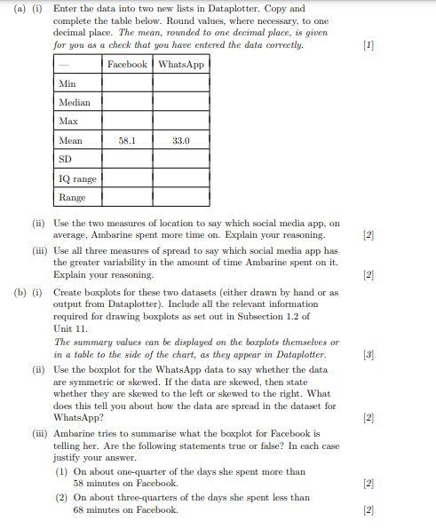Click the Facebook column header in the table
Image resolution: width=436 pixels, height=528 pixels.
pos(127,64)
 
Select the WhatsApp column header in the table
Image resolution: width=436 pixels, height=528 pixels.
pos(181,64)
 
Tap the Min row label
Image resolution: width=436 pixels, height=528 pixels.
pos(67,83)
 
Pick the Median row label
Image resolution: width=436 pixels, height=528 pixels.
pos(74,102)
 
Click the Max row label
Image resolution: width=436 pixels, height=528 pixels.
pos(68,121)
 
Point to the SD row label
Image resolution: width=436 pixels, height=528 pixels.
pos(65,159)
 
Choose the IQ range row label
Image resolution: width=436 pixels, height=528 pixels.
pos(77,178)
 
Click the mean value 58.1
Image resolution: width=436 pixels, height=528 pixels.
pos(127,140)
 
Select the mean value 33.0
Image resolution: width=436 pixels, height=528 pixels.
pos(181,140)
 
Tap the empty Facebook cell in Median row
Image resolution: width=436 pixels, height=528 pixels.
pos(127,102)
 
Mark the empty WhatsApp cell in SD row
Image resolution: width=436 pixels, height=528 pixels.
pos(181,159)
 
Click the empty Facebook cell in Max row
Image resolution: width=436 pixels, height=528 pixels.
pos(127,121)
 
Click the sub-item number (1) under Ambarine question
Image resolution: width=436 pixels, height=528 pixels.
pos(61,472)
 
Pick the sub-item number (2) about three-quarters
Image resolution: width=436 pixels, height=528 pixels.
pos(61,498)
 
